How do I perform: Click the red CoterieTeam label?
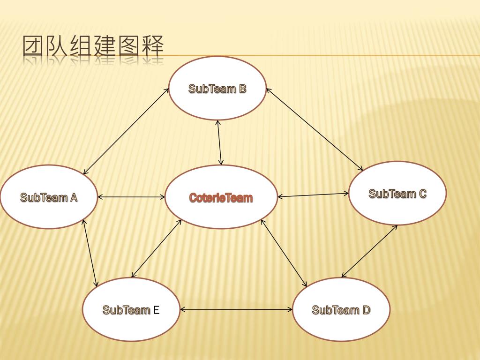point(221,198)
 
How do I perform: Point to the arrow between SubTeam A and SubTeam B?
point(126,131)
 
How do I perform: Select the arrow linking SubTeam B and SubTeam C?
point(315,129)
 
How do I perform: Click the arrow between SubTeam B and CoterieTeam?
point(219,142)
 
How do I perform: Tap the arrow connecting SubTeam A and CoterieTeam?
point(131,197)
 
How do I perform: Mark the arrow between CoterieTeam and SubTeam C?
point(313,195)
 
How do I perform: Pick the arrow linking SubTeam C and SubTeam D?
point(369,251)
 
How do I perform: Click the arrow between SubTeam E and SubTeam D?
point(236,309)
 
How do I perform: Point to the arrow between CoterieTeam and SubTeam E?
point(157,248)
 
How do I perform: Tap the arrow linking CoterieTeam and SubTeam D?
point(284,253)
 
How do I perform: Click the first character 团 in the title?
point(34,47)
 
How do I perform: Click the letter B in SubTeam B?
point(242,89)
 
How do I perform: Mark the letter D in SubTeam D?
point(366,310)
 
